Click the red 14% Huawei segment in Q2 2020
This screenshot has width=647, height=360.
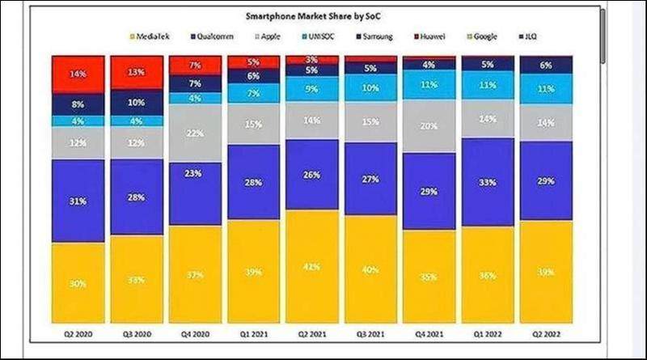click(78, 74)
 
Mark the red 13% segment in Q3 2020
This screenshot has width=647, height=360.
click(136, 73)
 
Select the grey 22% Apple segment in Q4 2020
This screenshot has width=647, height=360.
click(194, 133)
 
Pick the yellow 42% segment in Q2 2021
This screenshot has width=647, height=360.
click(311, 267)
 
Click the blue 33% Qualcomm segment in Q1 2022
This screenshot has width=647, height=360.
click(487, 183)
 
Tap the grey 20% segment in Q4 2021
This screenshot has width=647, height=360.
click(428, 126)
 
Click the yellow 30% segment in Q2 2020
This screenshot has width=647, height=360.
click(78, 283)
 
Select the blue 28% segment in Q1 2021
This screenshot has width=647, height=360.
click(253, 181)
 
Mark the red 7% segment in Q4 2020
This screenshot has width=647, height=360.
click(194, 65)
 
